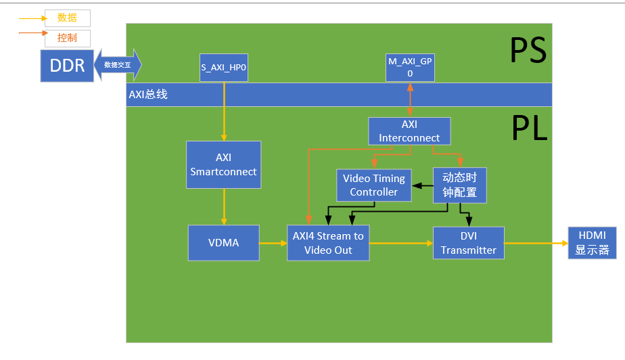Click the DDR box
coord(67,65)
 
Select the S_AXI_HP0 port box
coord(224,67)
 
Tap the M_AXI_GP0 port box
coord(410,67)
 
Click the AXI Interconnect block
coord(409,131)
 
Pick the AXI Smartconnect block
coord(224,164)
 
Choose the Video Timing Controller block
coord(374,185)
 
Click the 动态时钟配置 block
coord(460,185)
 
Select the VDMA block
coord(224,243)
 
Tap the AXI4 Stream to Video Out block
coord(328,243)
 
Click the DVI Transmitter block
coord(469,243)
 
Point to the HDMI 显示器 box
coord(593,243)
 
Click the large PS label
coord(528,51)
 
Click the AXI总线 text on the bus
coord(148,95)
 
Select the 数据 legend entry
coord(67,18)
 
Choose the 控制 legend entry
coord(67,39)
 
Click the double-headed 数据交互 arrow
coord(118,65)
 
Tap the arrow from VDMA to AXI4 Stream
coord(273,243)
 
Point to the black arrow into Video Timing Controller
coord(423,185)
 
